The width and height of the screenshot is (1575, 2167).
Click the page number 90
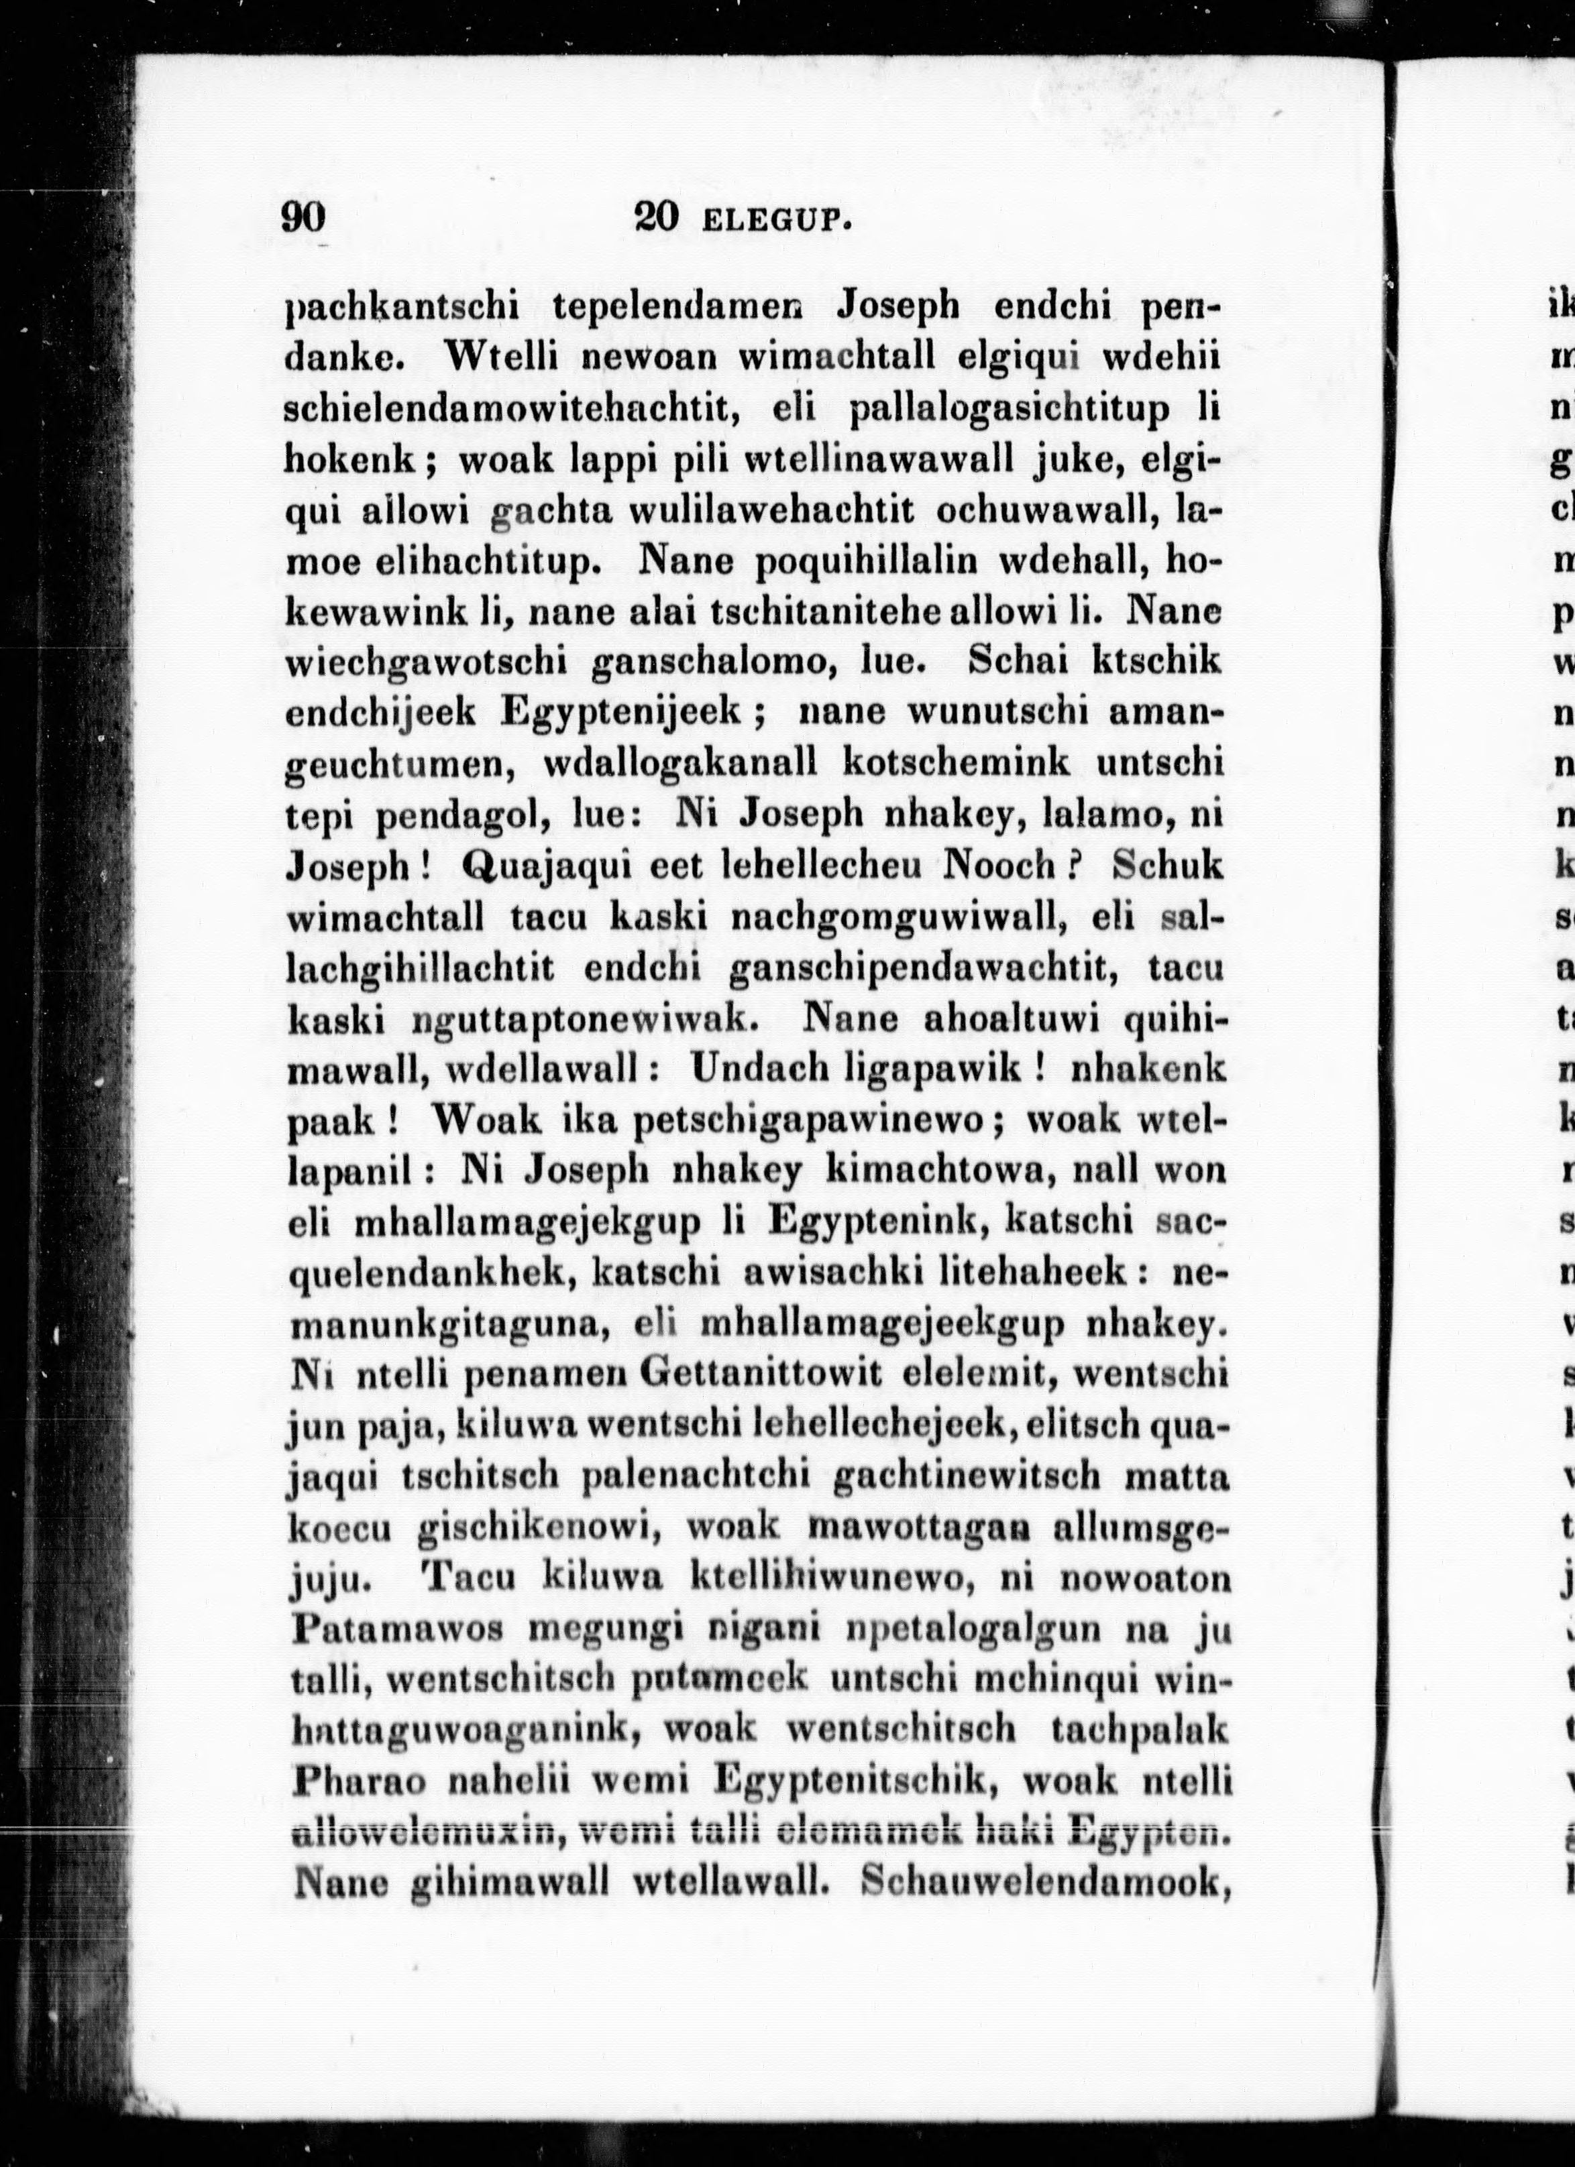pos(304,218)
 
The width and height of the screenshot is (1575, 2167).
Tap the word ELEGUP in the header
pos(774,222)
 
